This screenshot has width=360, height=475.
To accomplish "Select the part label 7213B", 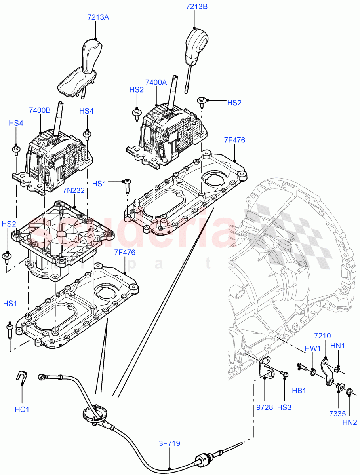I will point(197,6).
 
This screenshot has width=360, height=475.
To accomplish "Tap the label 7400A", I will point(156,82).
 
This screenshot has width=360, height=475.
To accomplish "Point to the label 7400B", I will point(40,110).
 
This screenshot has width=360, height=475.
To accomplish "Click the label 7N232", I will point(73,190).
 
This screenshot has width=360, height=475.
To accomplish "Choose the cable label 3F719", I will point(169,444).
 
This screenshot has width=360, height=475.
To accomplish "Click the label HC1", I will point(22,409).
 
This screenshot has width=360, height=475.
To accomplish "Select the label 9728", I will point(264,407).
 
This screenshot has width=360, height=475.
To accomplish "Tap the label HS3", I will point(284,407).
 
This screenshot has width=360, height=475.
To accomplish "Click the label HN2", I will point(350,422).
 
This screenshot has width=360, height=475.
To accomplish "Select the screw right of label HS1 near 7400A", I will point(126,184).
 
